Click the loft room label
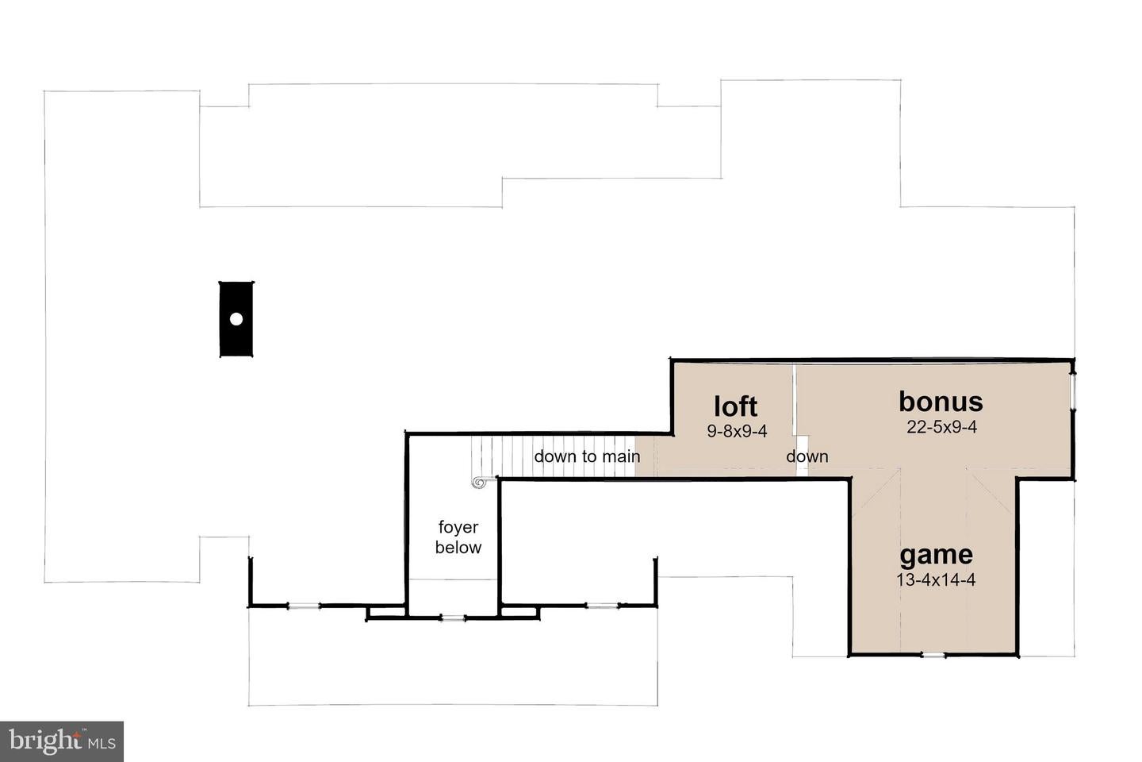[735, 406]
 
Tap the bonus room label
[941, 402]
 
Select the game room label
[936, 556]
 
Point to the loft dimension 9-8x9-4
[737, 431]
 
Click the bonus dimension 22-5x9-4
[941, 427]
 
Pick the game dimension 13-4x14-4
[936, 579]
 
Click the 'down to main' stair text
[587, 456]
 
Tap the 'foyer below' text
[458, 537]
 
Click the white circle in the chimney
[236, 319]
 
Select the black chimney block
[236, 319]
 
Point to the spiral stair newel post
[479, 483]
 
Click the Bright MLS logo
[62, 741]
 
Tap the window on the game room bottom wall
[933, 655]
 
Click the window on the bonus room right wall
[1072, 391]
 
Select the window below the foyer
[453, 618]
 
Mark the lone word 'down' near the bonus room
[807, 456]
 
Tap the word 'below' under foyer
[458, 548]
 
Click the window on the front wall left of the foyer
[304, 606]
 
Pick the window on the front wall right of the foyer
[602, 606]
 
